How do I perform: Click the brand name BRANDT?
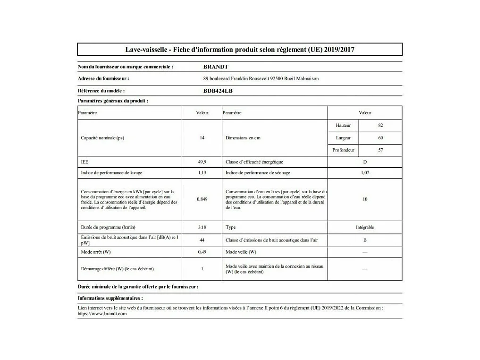(x=216, y=67)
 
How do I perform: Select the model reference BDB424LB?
(x=218, y=91)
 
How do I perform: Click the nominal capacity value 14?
(x=202, y=138)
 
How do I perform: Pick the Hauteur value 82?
(x=380, y=125)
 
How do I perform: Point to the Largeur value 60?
(x=380, y=138)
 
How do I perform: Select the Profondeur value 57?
(x=380, y=150)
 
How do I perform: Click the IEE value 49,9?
(x=202, y=162)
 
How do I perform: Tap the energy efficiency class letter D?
(x=365, y=162)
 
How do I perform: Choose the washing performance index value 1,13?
(x=202, y=173)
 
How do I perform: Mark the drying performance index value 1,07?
(x=365, y=173)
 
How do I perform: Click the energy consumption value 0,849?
(x=202, y=199)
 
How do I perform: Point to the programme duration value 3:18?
(x=202, y=227)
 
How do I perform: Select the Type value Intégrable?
(x=365, y=227)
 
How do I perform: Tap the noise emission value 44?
(x=202, y=240)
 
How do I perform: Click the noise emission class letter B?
(x=365, y=240)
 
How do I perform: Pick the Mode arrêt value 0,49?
(x=202, y=252)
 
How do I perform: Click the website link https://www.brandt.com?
(x=102, y=313)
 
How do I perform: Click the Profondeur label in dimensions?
(x=343, y=150)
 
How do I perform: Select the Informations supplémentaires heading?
(x=110, y=298)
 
